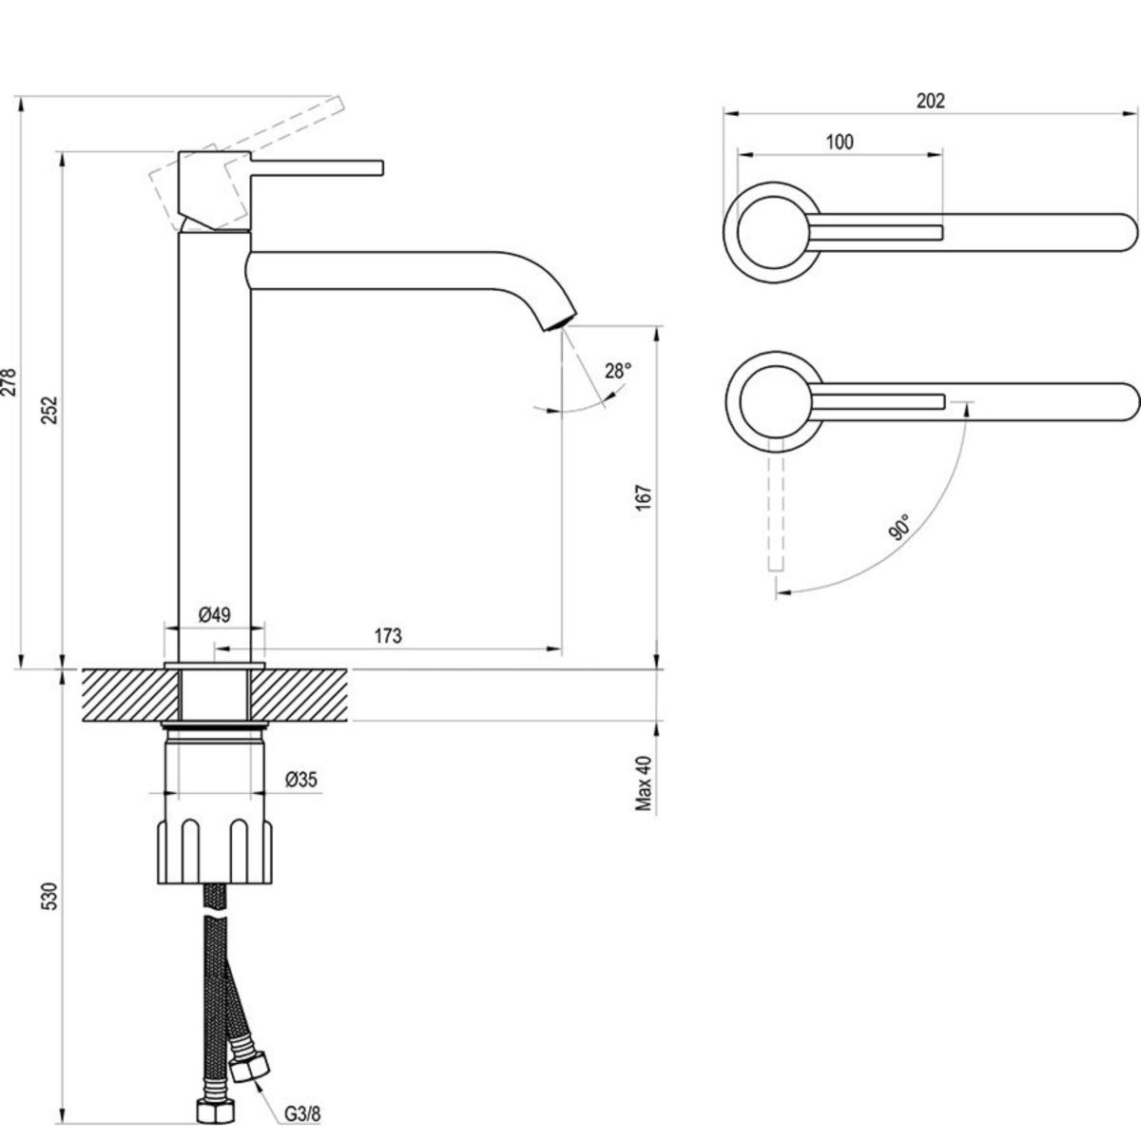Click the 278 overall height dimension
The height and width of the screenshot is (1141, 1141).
click(x=9, y=382)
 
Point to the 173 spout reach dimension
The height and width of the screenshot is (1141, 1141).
click(x=387, y=635)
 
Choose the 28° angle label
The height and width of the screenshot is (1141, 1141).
click(x=617, y=370)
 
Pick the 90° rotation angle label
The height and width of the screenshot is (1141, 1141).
click(x=899, y=526)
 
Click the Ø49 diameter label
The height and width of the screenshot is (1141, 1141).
click(x=215, y=615)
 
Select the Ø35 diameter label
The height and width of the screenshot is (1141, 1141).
click(x=301, y=780)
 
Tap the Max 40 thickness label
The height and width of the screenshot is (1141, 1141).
click(x=646, y=782)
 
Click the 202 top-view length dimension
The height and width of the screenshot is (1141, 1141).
click(x=930, y=101)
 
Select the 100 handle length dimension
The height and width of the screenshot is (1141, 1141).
click(x=840, y=142)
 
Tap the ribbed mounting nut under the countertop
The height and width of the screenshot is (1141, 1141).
click(x=215, y=849)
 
